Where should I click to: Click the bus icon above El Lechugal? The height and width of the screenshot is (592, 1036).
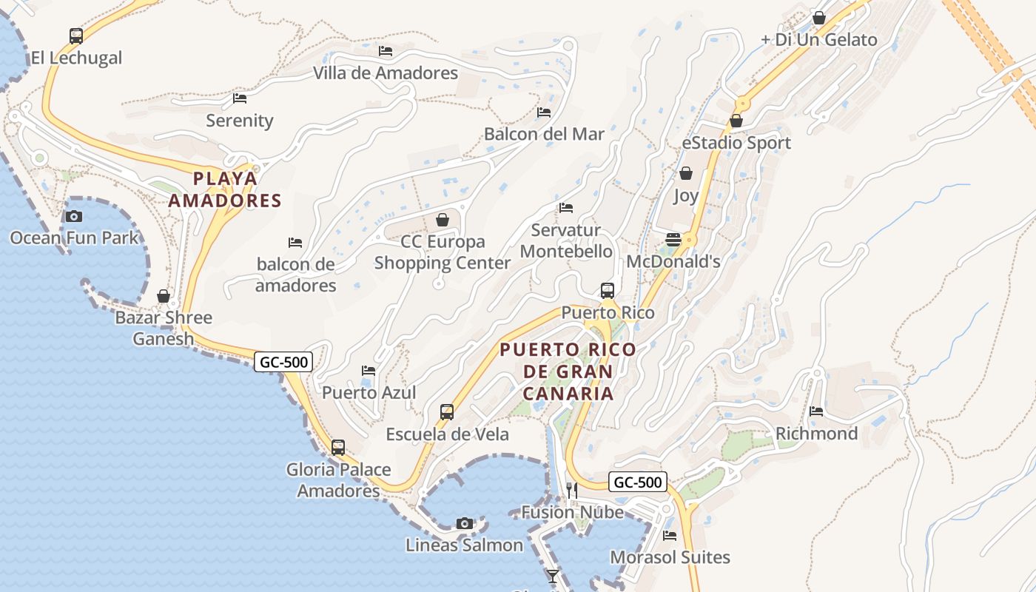point(76,36)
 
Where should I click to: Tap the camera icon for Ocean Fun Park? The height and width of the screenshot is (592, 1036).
point(74,216)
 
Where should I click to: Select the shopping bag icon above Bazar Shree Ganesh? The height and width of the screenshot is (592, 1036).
point(164,296)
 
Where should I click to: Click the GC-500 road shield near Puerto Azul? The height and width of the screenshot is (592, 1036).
point(283,362)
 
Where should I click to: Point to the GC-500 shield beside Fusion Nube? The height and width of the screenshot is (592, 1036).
point(638,482)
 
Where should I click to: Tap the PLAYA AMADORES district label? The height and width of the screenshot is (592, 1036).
point(225,189)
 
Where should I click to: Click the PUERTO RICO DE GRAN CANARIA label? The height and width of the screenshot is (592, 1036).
point(568,371)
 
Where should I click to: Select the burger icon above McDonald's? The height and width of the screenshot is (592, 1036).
point(673,240)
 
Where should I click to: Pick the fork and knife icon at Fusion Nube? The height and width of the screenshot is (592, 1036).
point(571,490)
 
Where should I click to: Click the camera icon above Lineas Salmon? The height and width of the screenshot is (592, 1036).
point(465,524)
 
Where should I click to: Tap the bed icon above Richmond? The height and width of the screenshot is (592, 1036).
point(816,411)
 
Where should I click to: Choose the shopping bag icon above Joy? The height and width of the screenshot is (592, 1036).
point(686,174)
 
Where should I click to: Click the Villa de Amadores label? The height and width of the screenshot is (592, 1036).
point(386,73)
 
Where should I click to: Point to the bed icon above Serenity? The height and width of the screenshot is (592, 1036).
point(240,98)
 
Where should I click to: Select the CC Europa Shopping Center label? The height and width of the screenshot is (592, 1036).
point(443,252)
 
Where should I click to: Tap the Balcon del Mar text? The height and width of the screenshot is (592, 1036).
point(544,134)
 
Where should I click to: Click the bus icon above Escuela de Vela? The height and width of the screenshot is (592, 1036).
point(447,412)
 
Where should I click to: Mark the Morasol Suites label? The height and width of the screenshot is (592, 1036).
point(670,557)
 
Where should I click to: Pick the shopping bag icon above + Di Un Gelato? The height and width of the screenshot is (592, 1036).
point(819,18)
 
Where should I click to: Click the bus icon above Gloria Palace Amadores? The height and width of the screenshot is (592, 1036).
point(338,448)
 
